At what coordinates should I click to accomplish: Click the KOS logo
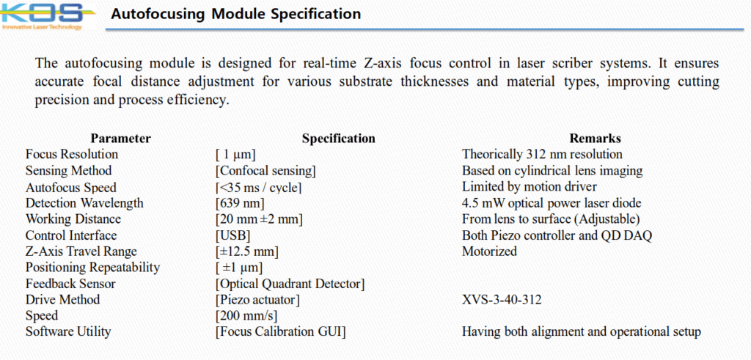(42, 16)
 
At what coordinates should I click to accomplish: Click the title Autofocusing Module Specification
(235, 14)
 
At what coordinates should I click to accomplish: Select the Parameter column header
(121, 139)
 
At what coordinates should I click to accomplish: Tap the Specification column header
(338, 139)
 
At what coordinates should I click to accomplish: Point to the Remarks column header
(595, 139)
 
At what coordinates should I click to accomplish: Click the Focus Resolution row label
(72, 155)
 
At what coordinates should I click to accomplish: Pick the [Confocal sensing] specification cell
(265, 171)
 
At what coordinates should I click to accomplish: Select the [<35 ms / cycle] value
(259, 187)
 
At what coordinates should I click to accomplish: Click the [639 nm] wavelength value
(240, 203)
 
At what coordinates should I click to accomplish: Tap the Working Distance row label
(73, 219)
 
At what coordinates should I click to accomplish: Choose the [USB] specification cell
(232, 235)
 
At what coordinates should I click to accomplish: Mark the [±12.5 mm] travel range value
(247, 251)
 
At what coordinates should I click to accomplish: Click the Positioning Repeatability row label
(93, 268)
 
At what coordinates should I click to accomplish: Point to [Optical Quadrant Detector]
(290, 284)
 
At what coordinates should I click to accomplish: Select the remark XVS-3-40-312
(502, 300)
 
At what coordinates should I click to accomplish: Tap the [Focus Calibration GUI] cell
(281, 331)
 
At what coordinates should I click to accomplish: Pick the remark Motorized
(489, 251)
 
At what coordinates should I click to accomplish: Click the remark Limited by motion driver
(530, 187)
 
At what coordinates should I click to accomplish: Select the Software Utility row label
(68, 331)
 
